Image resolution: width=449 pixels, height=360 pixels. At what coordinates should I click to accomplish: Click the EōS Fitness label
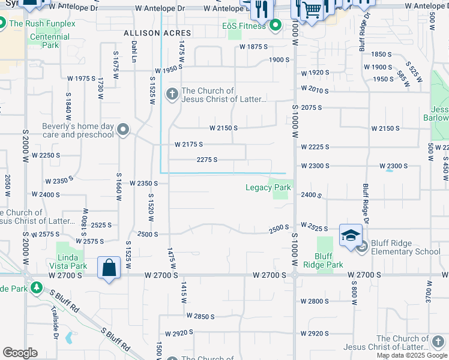coord(244,26)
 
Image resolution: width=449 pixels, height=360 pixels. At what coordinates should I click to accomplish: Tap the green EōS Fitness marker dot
coord(276,26)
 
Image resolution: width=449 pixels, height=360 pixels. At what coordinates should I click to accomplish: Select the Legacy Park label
coord(268,187)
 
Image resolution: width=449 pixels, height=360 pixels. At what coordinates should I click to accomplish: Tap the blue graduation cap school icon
coord(351,235)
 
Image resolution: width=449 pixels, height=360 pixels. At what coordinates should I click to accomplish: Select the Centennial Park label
coord(49,40)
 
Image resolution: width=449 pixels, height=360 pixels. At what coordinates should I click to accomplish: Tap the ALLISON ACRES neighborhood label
coord(157,33)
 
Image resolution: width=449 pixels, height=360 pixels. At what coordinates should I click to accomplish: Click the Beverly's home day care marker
coord(124,130)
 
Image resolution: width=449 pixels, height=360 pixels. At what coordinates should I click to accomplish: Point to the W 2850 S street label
coord(200,316)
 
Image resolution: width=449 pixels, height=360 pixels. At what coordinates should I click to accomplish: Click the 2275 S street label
coord(206,160)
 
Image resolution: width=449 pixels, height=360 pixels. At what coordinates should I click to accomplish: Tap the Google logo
coord(20,353)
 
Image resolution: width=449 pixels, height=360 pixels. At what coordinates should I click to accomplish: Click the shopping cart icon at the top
coord(311,9)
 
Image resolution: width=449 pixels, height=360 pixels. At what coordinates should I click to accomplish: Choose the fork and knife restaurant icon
coord(261,8)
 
